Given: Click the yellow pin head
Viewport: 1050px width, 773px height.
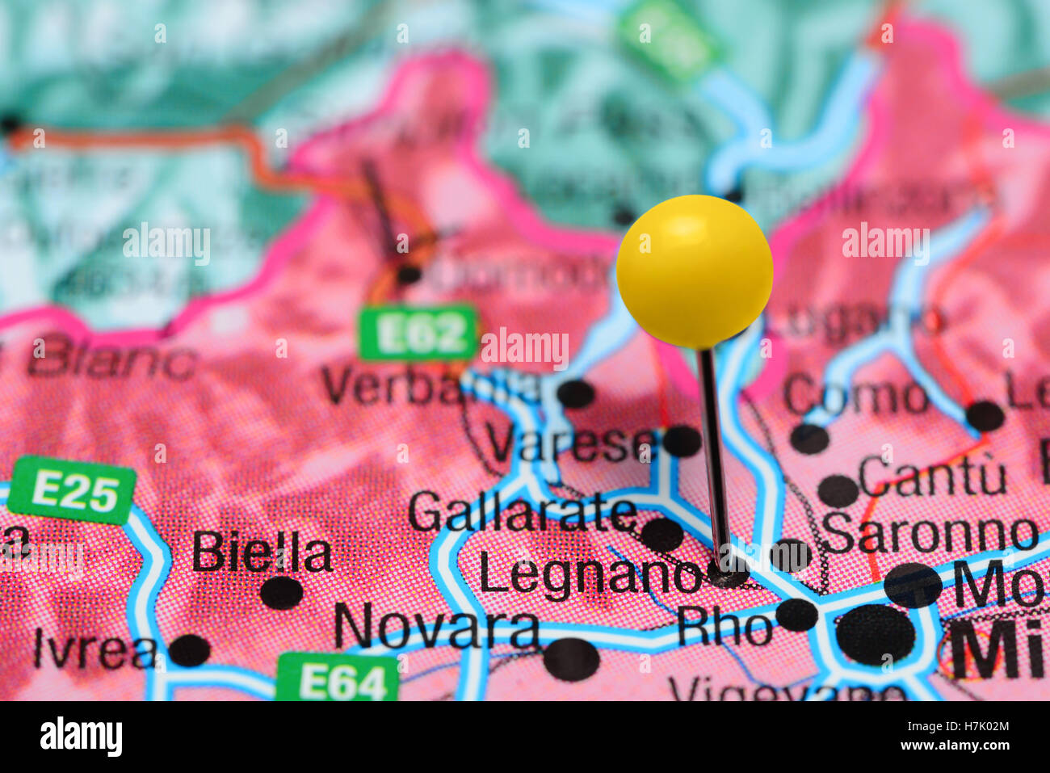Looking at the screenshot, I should click(695, 271).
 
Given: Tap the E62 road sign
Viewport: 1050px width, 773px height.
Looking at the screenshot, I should click(418, 332).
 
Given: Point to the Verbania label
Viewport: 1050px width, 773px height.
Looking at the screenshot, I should click(428, 387).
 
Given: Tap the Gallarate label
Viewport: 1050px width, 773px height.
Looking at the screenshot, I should click(522, 512).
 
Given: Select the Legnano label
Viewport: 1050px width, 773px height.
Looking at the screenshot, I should click(590, 575).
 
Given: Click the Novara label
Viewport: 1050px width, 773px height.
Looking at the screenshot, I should click(437, 628).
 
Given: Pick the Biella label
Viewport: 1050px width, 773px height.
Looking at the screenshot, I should click(262, 554).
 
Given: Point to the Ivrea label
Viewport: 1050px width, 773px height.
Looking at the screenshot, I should click(94, 649).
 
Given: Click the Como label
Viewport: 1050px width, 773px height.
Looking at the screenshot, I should click(855, 397).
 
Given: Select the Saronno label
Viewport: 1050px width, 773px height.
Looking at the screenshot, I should click(929, 533).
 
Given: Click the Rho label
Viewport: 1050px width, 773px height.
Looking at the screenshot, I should click(724, 627).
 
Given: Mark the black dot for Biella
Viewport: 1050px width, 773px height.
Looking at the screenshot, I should click(281, 592).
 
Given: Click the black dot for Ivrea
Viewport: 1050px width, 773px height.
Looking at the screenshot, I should click(190, 650).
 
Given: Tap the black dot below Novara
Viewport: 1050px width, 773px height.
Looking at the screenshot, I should click(571, 659).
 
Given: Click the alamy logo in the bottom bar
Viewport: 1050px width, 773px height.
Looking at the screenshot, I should click(81, 737).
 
